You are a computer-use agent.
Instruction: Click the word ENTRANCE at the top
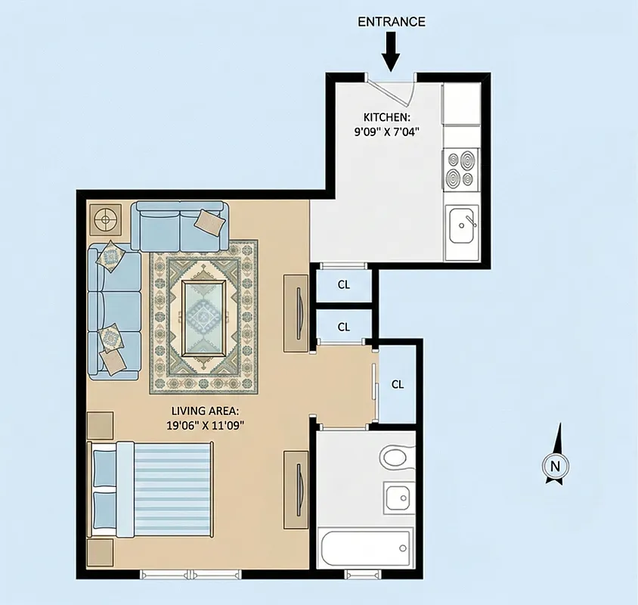(391, 21)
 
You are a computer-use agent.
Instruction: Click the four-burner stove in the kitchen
(461, 169)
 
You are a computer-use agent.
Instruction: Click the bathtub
(366, 547)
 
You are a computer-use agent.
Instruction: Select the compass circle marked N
(556, 467)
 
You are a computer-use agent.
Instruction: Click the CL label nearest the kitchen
(344, 285)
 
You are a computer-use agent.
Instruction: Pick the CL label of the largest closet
(398, 384)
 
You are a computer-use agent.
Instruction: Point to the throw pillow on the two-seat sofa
(208, 221)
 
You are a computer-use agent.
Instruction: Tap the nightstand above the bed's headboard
(100, 427)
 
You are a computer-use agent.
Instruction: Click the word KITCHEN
(387, 117)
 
